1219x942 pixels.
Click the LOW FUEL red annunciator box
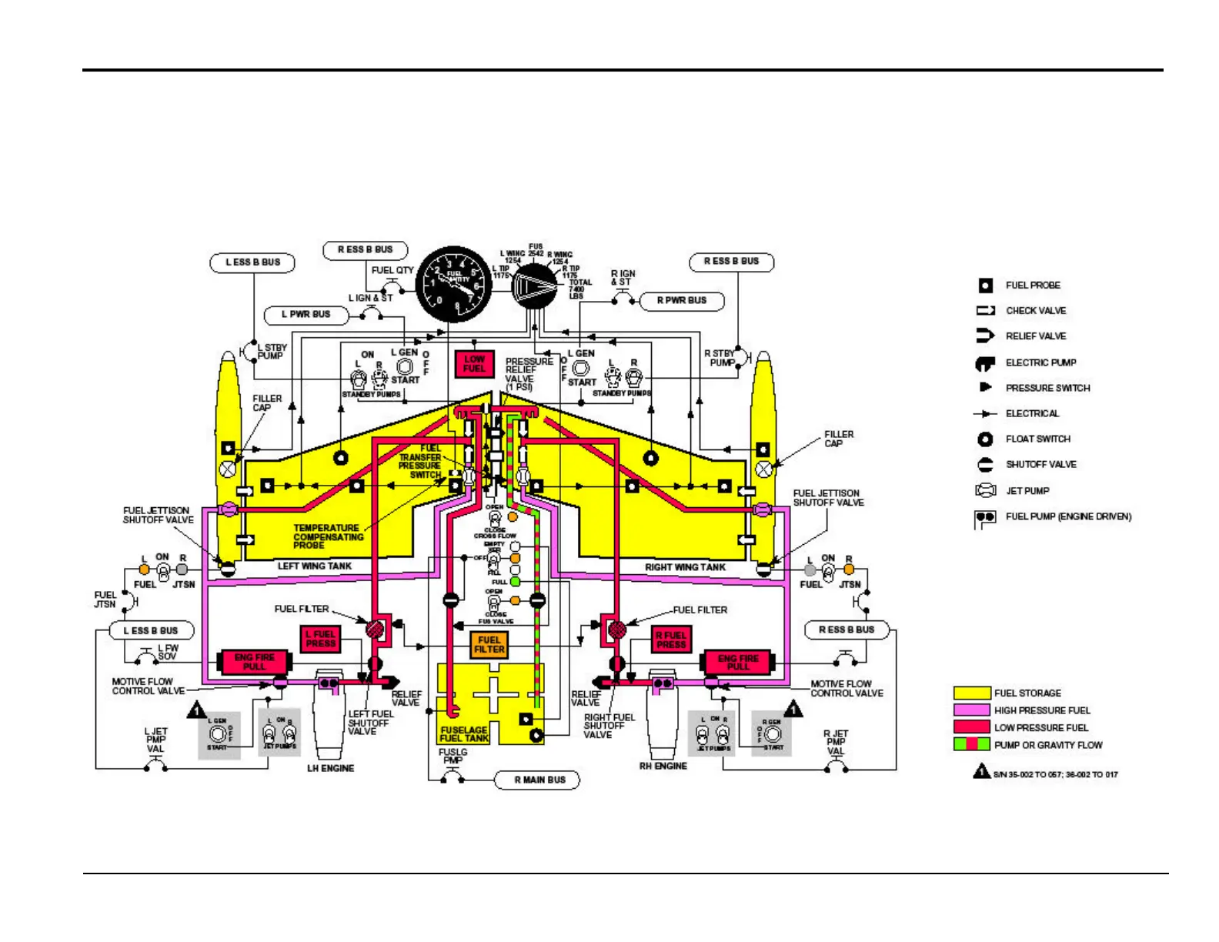tap(474, 364)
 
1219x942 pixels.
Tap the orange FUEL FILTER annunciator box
tap(489, 644)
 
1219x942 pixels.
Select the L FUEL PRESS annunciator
tap(320, 639)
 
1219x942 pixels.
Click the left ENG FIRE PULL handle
tap(255, 662)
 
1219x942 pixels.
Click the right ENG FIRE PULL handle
tap(738, 663)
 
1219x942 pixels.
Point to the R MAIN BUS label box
tap(539, 780)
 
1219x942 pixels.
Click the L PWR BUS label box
tap(306, 314)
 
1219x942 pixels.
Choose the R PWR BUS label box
tap(681, 300)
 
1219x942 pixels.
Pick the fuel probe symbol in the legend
tap(986, 286)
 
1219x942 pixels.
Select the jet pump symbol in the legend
tap(986, 490)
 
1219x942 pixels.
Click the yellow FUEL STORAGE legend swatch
tap(971, 693)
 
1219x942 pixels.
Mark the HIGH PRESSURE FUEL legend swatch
tap(971, 710)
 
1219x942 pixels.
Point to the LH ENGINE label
tap(331, 768)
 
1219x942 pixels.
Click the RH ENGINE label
tap(663, 766)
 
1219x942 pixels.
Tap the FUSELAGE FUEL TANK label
tap(464, 733)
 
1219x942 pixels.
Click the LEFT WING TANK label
tap(315, 566)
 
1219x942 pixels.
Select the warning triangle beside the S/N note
tap(981, 771)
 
